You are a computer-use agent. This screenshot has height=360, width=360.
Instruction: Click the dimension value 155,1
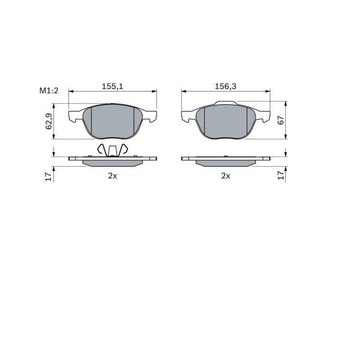pyautogui.click(x=112, y=86)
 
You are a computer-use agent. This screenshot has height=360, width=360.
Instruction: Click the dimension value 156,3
pyautogui.click(x=225, y=86)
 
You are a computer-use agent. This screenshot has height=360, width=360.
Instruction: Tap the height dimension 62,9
pyautogui.click(x=49, y=121)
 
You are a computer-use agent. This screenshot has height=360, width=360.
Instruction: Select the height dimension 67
pyautogui.click(x=281, y=120)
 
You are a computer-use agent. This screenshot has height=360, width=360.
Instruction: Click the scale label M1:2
pyautogui.click(x=49, y=91)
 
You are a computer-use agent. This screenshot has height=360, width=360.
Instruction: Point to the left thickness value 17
pyautogui.click(x=49, y=176)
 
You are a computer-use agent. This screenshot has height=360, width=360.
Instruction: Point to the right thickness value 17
pyautogui.click(x=281, y=175)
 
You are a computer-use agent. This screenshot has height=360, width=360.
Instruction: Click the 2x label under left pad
pyautogui.click(x=112, y=176)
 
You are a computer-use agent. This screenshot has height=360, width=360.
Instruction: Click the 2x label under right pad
pyautogui.click(x=225, y=176)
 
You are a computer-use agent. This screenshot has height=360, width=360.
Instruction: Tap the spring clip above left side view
pyautogui.click(x=112, y=150)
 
